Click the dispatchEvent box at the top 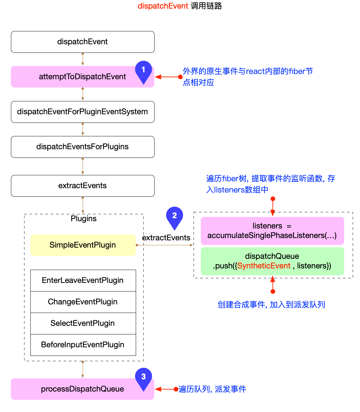(x=83, y=42)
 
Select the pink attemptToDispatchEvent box (x=83, y=77)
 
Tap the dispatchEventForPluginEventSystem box (x=83, y=112)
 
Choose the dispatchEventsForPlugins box (x=83, y=147)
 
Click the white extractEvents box (x=83, y=186)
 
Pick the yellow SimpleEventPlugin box (x=83, y=245)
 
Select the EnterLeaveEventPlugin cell (x=83, y=281)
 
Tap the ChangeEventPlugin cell (x=83, y=302)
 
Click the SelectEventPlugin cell (x=83, y=324)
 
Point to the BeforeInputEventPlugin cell (x=83, y=345)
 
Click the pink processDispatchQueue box (x=83, y=389)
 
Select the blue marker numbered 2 (x=174, y=217)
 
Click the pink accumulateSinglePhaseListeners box (x=272, y=231)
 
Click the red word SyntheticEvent (x=264, y=266)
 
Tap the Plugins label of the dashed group (x=84, y=219)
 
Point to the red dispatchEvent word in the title (x=163, y=6)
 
